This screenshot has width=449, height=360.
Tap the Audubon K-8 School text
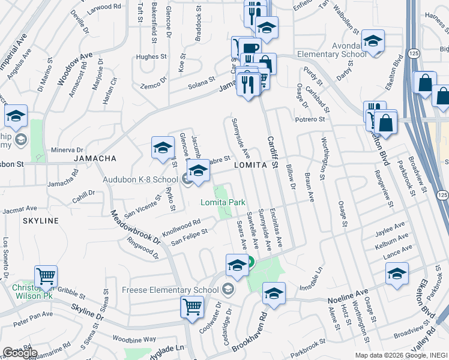[x=148, y=179]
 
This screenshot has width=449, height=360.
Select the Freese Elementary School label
[x=170, y=290]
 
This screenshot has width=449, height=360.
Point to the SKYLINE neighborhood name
[x=41, y=221]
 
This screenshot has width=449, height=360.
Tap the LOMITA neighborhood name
[x=250, y=164]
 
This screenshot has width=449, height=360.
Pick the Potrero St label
[x=309, y=120]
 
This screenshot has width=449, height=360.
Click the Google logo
[x=20, y=353]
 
